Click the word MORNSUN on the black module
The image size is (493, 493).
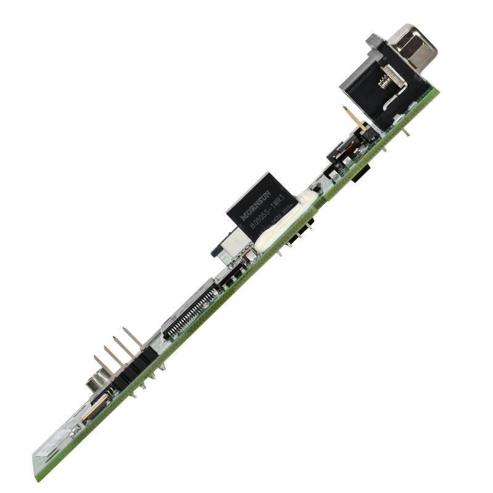click(256, 206)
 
